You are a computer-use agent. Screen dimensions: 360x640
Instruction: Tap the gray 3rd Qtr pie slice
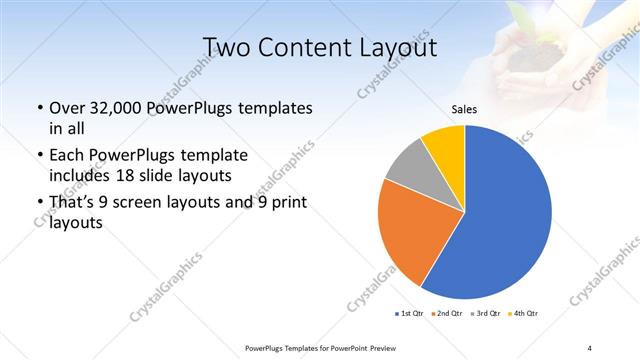[405, 167]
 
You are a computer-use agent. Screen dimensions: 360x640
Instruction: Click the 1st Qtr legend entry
[410, 314]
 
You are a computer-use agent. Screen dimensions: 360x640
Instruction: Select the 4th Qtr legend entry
[523, 314]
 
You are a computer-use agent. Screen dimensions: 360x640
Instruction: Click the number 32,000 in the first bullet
[116, 108]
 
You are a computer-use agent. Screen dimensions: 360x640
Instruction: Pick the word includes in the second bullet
[80, 175]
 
